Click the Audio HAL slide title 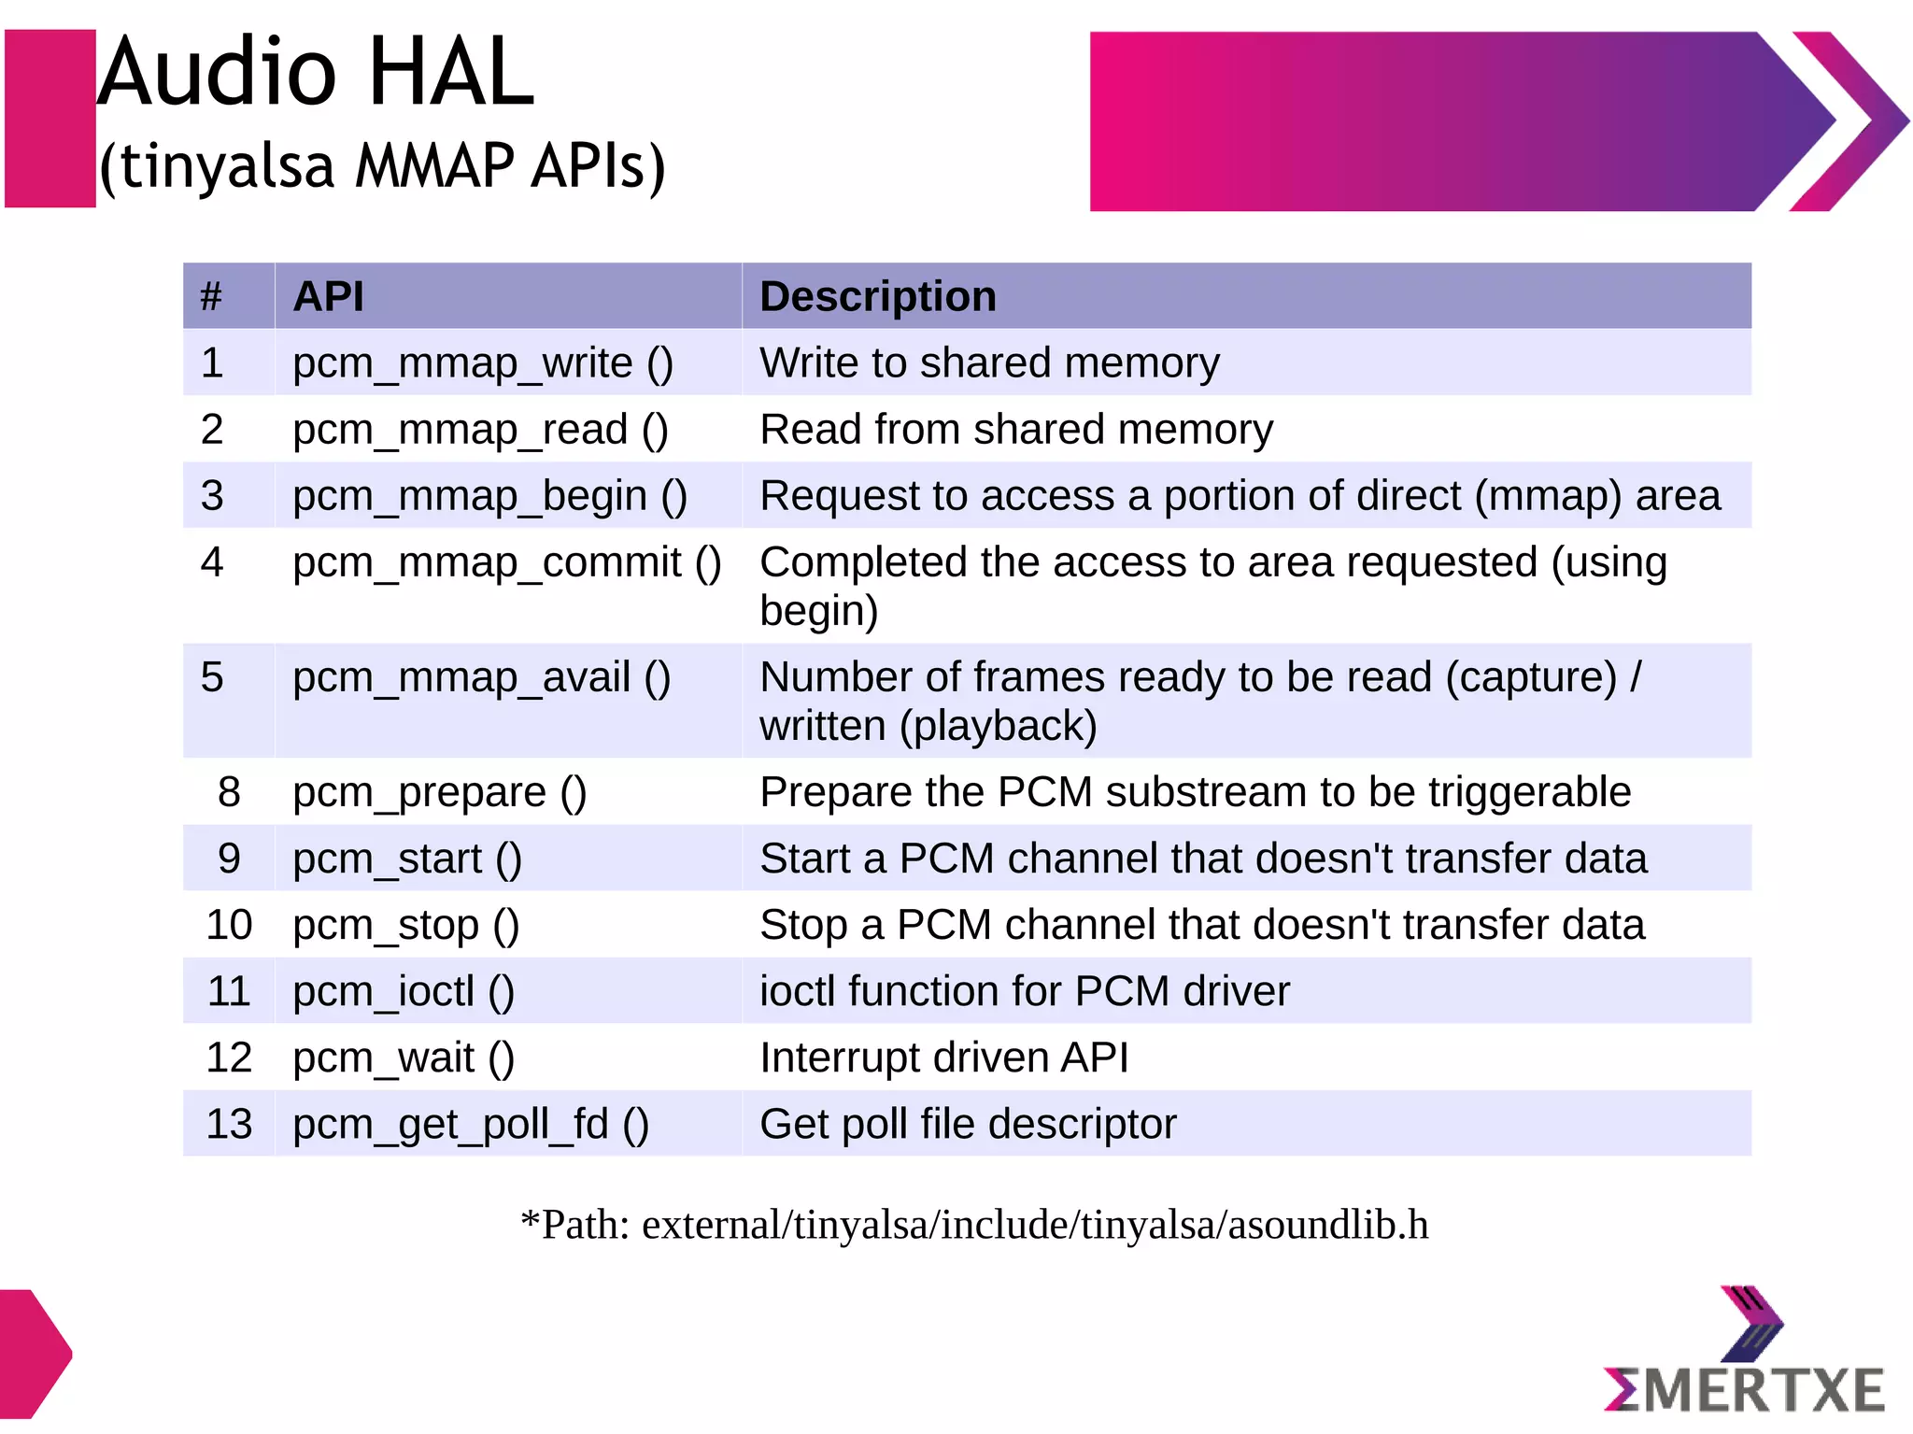click(316, 73)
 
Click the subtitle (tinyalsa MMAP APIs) click(383, 166)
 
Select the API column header click(328, 297)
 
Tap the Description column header click(877, 297)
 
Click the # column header click(211, 297)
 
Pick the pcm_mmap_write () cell click(482, 363)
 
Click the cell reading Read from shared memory click(1015, 430)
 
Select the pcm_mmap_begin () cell click(489, 496)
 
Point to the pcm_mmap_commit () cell click(506, 563)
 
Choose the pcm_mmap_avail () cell click(481, 678)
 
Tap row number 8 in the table click(229, 792)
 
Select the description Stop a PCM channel click(1201, 925)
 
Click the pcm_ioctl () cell click(403, 992)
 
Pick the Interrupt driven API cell click(943, 1058)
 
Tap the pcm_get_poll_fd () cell click(470, 1125)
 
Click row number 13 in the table click(229, 1125)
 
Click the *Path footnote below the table click(974, 1225)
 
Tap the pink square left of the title click(50, 119)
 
